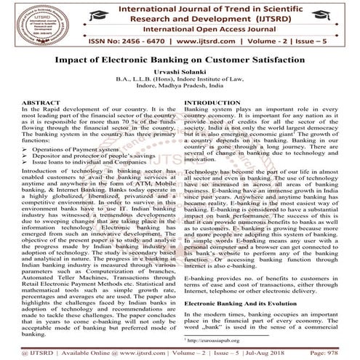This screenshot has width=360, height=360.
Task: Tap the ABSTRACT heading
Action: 27,104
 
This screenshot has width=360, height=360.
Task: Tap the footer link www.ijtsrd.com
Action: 127,351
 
